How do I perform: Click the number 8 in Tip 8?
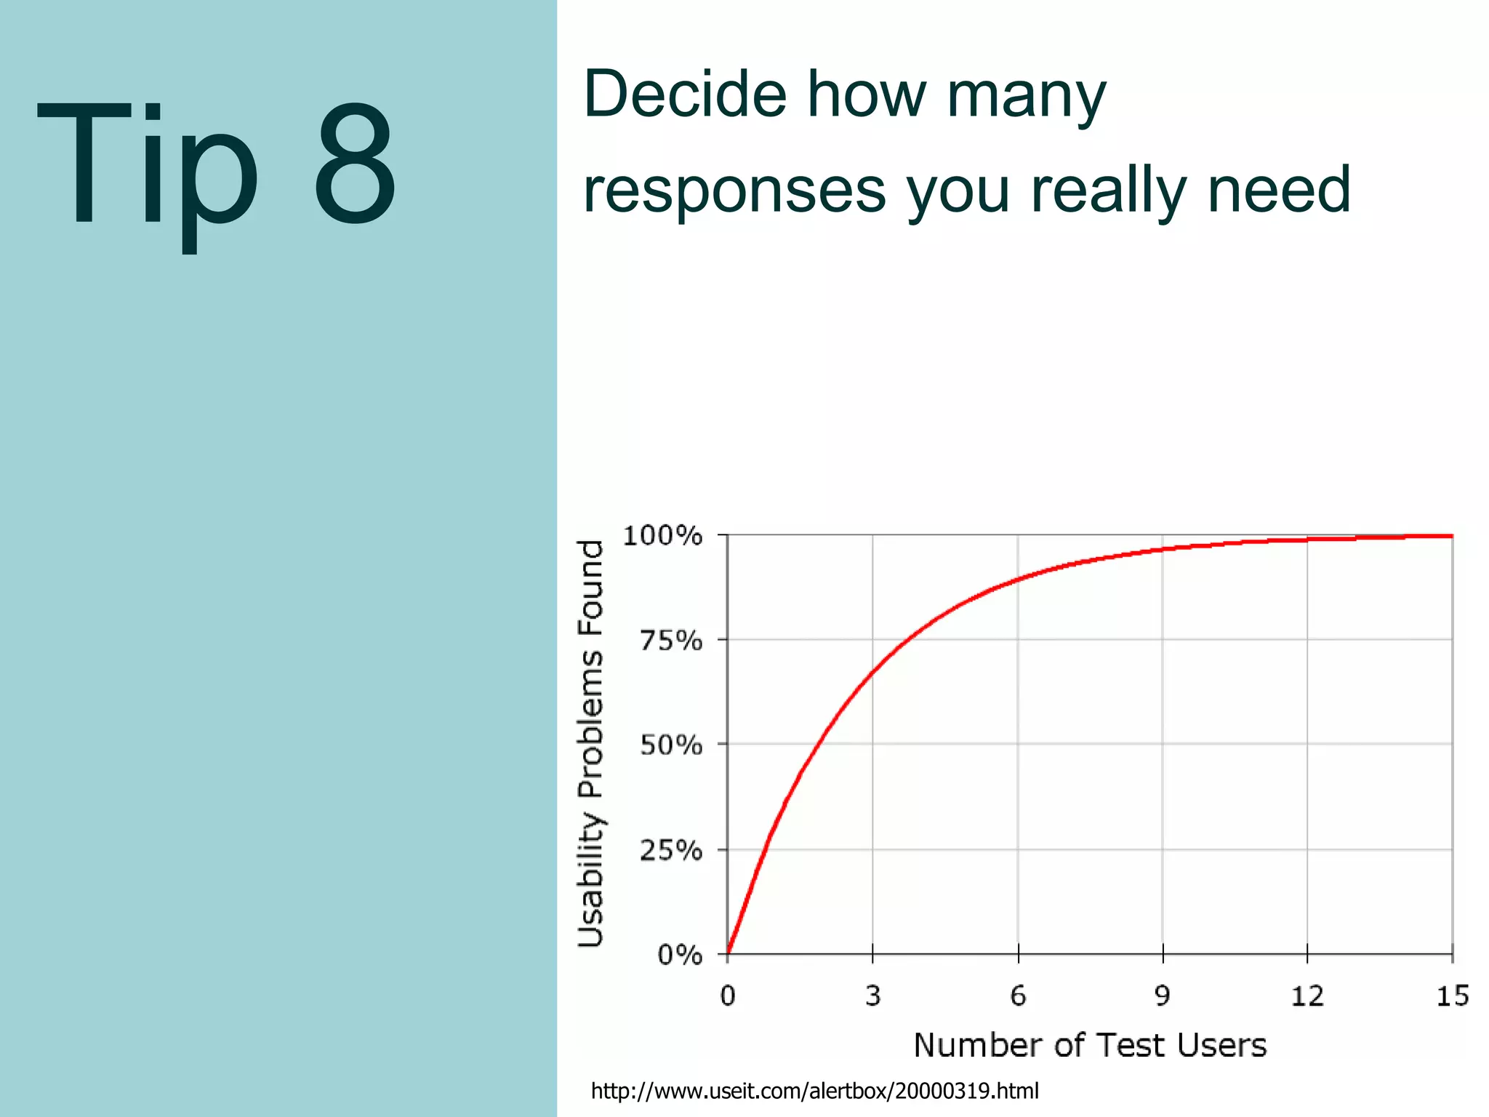(x=356, y=164)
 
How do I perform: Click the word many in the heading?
(x=1025, y=97)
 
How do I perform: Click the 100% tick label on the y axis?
(x=662, y=537)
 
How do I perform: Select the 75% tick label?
(x=670, y=641)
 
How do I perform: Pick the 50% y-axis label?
(x=670, y=745)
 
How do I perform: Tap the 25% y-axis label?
(x=670, y=850)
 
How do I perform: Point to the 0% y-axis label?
(x=679, y=955)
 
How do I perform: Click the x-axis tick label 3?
(x=872, y=996)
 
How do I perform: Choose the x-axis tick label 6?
(x=1018, y=996)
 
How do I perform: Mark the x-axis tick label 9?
(x=1163, y=996)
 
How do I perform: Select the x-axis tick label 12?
(x=1307, y=996)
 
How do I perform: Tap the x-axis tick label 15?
(x=1452, y=996)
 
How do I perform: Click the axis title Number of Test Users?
(x=1089, y=1046)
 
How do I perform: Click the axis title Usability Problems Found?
(x=590, y=743)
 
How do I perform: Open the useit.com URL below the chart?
(x=814, y=1091)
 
